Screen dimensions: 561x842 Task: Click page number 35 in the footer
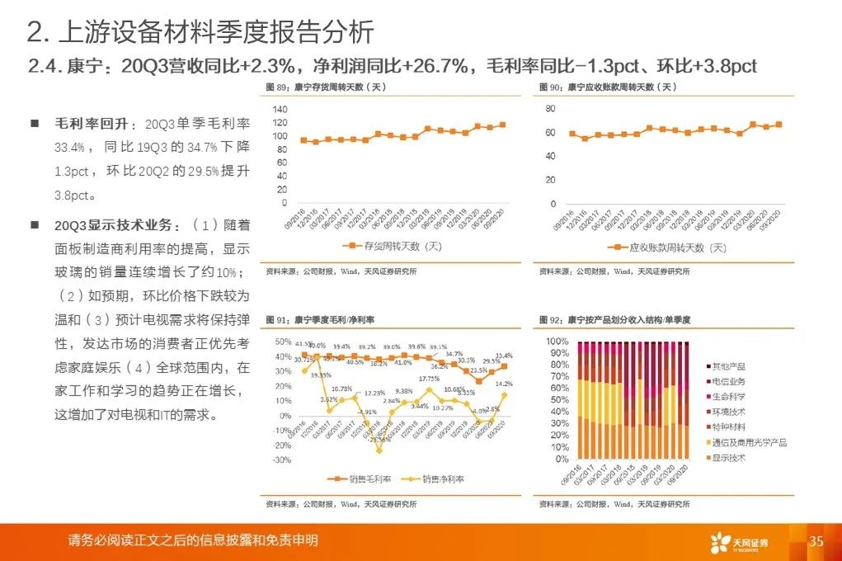pos(816,541)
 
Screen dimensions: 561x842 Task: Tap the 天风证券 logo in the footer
pos(739,542)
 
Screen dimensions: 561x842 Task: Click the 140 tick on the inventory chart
pos(280,110)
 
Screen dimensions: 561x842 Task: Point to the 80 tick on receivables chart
pos(551,108)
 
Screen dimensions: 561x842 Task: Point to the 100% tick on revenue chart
pos(557,341)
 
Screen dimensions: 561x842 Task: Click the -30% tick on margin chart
pos(281,460)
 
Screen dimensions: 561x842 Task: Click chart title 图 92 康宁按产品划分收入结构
pos(614,319)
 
